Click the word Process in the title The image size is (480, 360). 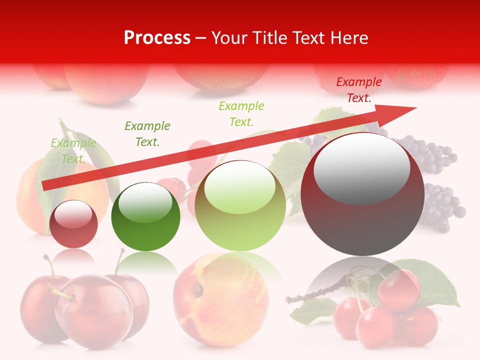tap(157, 38)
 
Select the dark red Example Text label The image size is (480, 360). tap(358, 90)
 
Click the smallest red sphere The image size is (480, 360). tap(73, 224)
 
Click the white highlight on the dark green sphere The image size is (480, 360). tap(145, 202)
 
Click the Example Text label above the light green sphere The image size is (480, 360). tap(241, 113)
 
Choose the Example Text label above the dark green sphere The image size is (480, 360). tap(147, 133)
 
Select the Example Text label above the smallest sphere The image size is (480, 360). tap(73, 150)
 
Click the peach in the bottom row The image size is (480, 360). tap(220, 300)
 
